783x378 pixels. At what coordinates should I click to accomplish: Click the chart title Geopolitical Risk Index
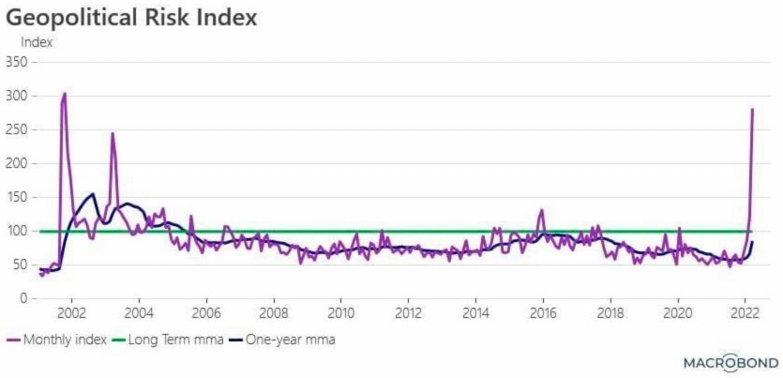coord(132,18)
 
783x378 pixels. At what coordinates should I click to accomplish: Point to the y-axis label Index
coord(37,41)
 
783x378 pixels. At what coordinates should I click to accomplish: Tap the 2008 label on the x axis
coord(274,312)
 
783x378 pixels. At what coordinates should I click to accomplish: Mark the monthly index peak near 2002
coord(64,93)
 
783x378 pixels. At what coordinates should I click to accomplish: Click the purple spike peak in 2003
coord(113,133)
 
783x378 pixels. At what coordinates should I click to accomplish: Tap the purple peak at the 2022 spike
coord(752,110)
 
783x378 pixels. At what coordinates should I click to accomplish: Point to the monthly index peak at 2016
coord(541,210)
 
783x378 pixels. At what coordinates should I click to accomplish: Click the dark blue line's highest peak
coord(93,194)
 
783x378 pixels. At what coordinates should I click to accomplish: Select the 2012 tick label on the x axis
coord(408,312)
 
